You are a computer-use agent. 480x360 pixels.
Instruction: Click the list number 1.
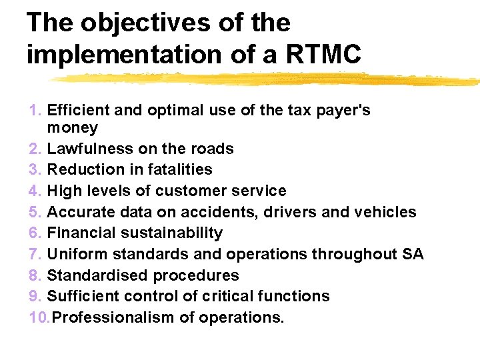coord(36,110)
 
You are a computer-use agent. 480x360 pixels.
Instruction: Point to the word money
coord(73,127)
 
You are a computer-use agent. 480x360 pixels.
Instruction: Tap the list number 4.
coord(36,191)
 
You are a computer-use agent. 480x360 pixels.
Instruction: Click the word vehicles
coord(385,212)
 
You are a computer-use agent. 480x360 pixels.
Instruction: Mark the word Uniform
coord(78,254)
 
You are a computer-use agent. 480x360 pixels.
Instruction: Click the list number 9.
coord(36,296)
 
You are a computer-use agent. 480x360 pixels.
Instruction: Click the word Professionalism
coord(113,317)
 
